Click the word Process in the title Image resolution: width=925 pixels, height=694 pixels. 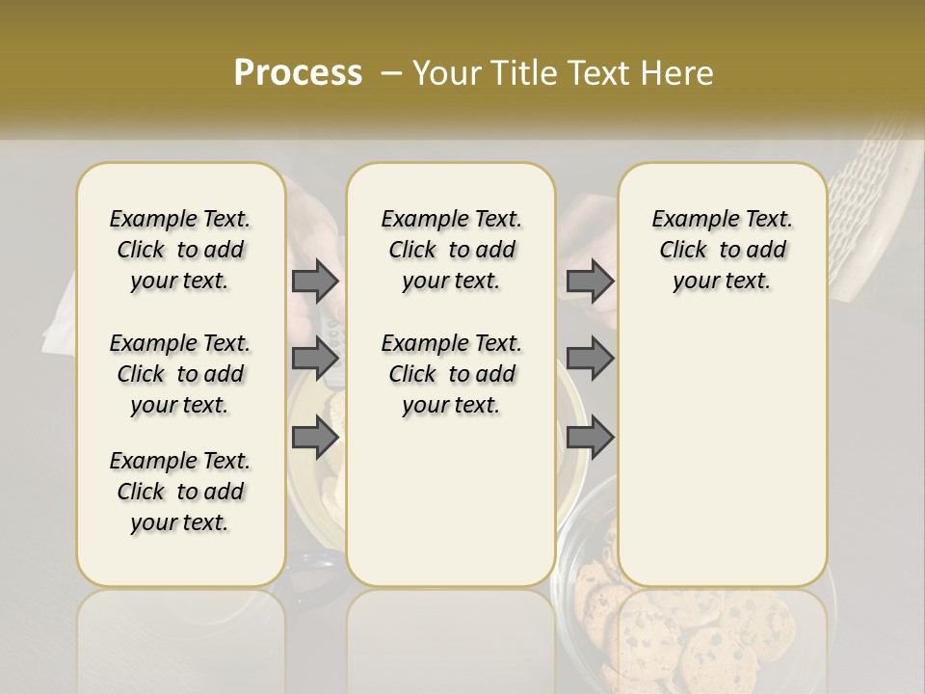click(298, 73)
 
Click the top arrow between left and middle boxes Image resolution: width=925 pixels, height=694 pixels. click(315, 280)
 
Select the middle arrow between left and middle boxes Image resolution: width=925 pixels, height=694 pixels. click(315, 359)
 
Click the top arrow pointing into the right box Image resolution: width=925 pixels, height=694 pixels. click(590, 280)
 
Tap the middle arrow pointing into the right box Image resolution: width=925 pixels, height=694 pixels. click(590, 359)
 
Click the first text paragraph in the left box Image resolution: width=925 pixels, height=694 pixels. click(180, 250)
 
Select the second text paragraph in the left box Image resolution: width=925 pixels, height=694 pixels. click(180, 374)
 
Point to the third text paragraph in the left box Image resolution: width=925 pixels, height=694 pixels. click(180, 492)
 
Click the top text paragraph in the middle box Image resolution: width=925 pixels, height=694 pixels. click(451, 250)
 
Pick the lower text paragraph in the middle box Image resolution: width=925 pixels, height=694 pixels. click(451, 374)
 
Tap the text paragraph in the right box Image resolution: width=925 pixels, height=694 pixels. click(722, 250)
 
